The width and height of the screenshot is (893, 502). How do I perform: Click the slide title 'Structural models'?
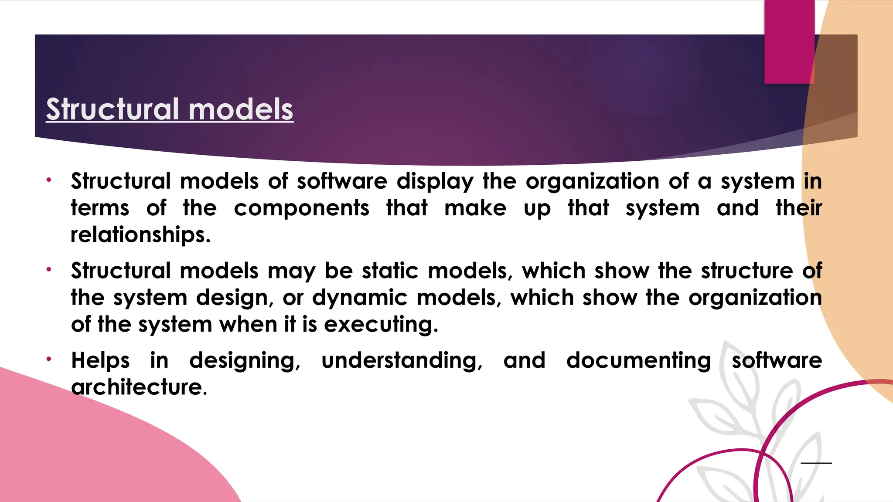(x=170, y=109)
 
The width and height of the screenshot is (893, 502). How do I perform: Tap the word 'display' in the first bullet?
(x=435, y=182)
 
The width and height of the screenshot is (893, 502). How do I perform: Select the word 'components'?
(x=301, y=208)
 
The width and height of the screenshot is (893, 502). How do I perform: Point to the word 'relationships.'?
(x=140, y=235)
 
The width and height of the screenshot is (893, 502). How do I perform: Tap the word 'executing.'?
(x=381, y=325)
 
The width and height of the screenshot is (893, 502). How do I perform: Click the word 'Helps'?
(x=100, y=361)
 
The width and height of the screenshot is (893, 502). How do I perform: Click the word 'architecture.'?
(x=139, y=387)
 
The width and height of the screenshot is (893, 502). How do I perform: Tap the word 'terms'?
(x=100, y=208)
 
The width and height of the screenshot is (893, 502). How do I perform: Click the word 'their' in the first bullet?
(x=798, y=208)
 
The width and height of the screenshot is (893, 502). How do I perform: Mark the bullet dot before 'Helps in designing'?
(x=49, y=359)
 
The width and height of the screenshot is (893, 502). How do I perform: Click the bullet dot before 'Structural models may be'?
(x=49, y=270)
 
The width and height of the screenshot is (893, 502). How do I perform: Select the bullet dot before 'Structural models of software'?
(x=49, y=180)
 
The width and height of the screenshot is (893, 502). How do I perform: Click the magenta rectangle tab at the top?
(x=789, y=41)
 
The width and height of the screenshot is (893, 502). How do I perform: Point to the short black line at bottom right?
(x=816, y=463)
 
